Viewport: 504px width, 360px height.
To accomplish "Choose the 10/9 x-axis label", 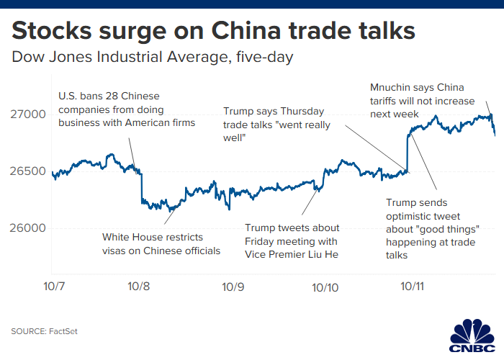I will point(233,286).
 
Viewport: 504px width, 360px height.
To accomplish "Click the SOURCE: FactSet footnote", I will point(43,331).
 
